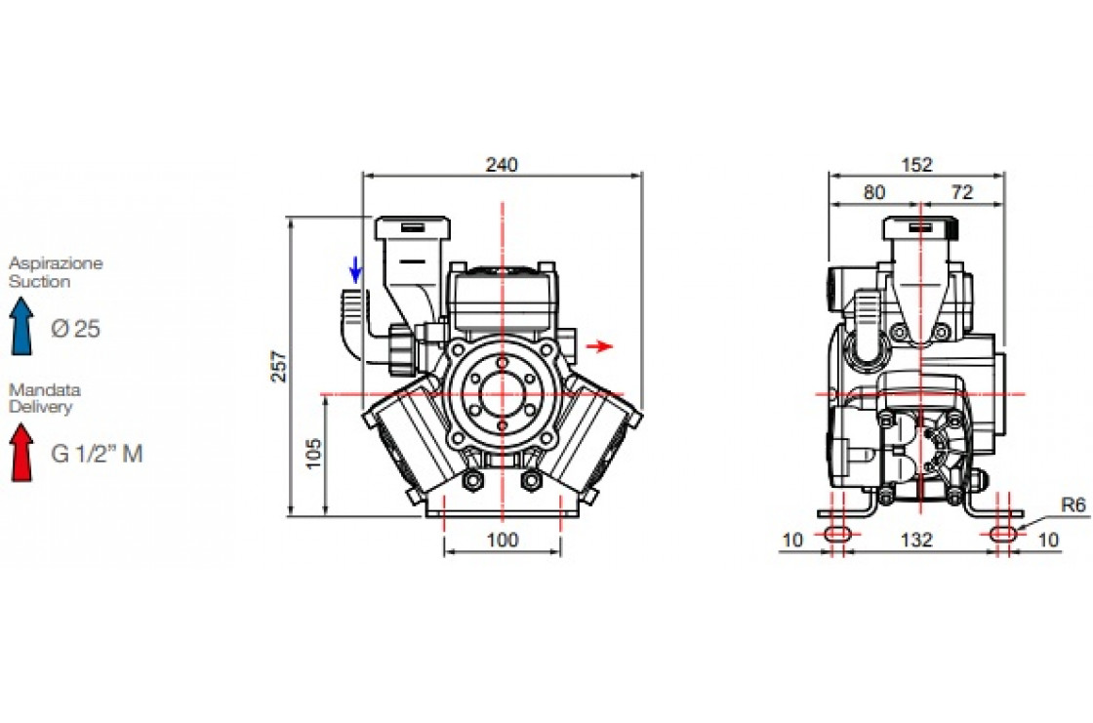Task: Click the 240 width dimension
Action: (x=502, y=165)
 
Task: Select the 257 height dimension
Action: (x=278, y=365)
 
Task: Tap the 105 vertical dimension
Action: (x=313, y=453)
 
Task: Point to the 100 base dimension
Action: (x=502, y=540)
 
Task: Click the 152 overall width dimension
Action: (x=916, y=165)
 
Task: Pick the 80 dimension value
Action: (x=874, y=192)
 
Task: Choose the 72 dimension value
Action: (x=962, y=192)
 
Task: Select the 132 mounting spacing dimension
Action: (x=916, y=540)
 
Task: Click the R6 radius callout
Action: (x=1073, y=504)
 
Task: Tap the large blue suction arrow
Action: (x=21, y=326)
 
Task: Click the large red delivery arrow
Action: (x=21, y=453)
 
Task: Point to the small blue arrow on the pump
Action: (x=355, y=270)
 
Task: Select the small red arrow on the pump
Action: (x=599, y=345)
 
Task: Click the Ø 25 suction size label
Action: (x=75, y=329)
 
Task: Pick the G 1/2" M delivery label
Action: (x=97, y=454)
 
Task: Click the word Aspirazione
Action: (x=56, y=262)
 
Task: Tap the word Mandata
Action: (x=45, y=389)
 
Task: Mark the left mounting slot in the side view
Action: (x=837, y=534)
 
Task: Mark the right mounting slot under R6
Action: (x=1004, y=534)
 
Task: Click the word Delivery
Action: (x=40, y=407)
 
